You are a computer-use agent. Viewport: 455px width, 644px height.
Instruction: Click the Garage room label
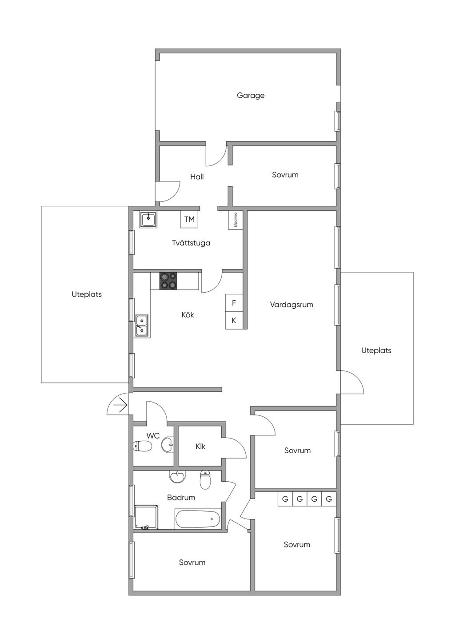coord(251,95)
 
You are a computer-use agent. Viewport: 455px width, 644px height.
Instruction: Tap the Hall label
coord(197,177)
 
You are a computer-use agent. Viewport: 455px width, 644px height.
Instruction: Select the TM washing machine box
coord(189,219)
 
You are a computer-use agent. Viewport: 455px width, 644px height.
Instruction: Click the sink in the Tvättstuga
coord(148,219)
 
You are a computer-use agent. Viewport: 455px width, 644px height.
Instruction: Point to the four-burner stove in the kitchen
coord(168,281)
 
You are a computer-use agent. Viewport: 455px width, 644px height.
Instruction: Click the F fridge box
coord(234,303)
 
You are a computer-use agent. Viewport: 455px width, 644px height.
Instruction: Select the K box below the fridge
coord(234,320)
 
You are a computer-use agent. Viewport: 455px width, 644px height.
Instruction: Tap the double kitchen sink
coord(142,326)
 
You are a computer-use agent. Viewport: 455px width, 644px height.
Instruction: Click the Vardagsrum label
coord(291,305)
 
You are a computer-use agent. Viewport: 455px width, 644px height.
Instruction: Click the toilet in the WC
coord(142,446)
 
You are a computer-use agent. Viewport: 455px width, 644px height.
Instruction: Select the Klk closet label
coord(200,446)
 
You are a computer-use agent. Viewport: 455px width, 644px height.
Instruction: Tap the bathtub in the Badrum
coord(198,519)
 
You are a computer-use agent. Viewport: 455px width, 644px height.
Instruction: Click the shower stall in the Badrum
coord(146,517)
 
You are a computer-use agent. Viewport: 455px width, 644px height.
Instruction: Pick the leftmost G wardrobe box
coord(285,499)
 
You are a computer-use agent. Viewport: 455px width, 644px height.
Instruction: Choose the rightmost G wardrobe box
coord(329,499)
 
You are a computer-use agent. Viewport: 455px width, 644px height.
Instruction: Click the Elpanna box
coord(235,220)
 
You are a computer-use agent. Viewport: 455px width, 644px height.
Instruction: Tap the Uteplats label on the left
coord(87,294)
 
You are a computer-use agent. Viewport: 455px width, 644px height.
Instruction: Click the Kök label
coord(188,314)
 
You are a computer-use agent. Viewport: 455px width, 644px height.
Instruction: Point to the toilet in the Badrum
coord(205,479)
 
